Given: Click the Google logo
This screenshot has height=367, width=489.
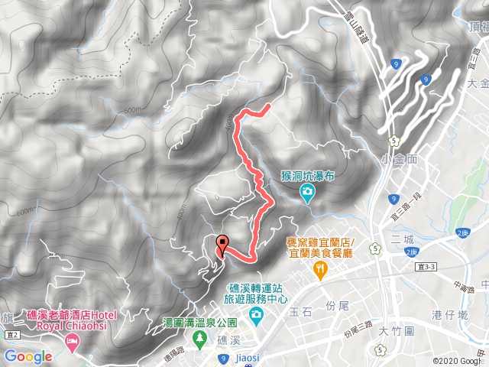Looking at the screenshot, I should [x=28, y=356].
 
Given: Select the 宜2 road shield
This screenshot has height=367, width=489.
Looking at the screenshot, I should [x=11, y=335].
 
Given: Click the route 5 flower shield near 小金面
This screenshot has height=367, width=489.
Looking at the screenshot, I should [x=393, y=140].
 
